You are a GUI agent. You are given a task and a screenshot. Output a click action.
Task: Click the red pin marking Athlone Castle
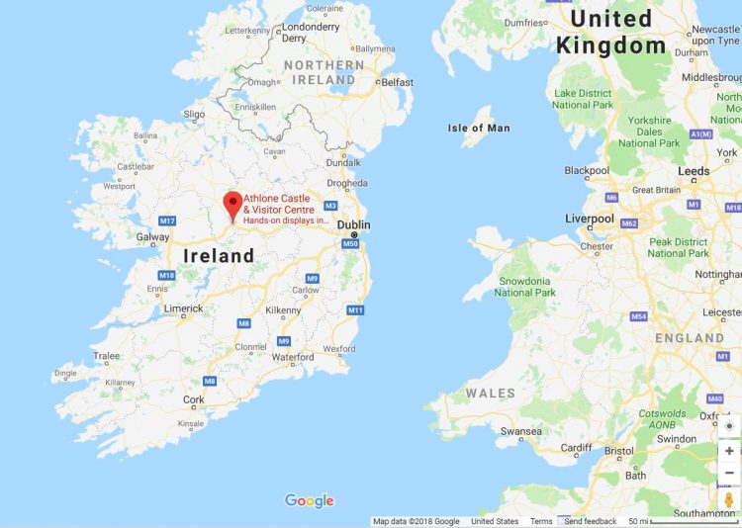(x=233, y=206)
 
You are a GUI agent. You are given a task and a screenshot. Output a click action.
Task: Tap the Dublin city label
(x=353, y=224)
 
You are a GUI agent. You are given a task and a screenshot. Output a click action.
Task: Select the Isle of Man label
(x=479, y=128)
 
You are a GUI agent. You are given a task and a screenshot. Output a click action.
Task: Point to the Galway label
(x=153, y=237)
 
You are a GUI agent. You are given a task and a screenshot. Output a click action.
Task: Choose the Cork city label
(x=194, y=399)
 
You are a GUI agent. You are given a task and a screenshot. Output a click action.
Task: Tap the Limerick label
(x=184, y=308)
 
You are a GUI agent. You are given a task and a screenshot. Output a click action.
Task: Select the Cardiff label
(x=576, y=447)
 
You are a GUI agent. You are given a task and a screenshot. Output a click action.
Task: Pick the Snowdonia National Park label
(x=524, y=286)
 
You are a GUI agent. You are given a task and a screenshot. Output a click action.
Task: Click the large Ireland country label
(x=219, y=256)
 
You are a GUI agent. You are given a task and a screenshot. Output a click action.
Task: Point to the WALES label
(x=491, y=393)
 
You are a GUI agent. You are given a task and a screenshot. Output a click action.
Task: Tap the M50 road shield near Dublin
(x=347, y=241)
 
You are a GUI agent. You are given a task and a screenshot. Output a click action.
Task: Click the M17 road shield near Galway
(x=167, y=220)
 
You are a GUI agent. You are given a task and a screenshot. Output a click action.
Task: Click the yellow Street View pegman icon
(x=729, y=499)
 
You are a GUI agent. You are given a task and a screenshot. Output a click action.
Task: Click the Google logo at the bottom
(x=310, y=500)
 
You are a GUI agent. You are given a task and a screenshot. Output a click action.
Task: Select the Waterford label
(x=292, y=357)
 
